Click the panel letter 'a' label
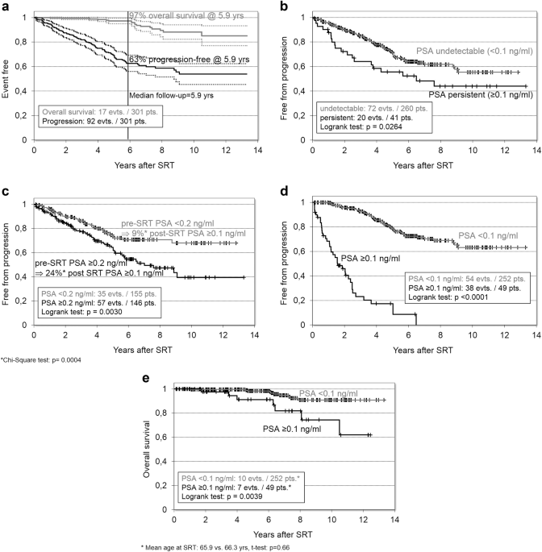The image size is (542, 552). [6, 7]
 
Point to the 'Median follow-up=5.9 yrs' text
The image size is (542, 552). [176, 94]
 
